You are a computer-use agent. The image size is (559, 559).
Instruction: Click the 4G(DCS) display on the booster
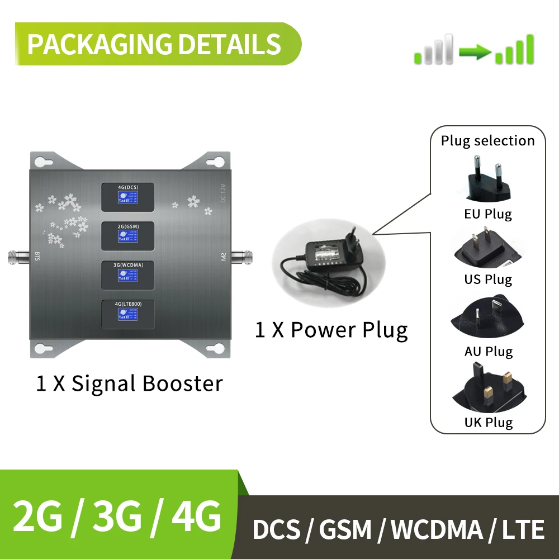click(127, 197)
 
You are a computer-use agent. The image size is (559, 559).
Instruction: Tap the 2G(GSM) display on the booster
click(127, 235)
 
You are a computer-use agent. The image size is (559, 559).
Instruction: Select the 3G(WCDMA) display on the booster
click(127, 274)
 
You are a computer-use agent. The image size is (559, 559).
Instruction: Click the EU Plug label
click(487, 214)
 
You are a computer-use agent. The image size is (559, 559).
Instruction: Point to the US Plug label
click(487, 279)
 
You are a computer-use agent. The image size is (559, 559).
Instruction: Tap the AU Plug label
click(487, 352)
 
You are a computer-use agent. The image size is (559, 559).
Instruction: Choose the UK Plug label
click(487, 422)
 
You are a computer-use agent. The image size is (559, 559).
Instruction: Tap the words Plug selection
click(487, 141)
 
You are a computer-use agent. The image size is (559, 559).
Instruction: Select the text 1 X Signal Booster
click(129, 383)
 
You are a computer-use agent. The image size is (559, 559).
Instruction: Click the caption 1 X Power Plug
click(331, 330)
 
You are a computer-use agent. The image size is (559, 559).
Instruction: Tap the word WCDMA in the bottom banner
click(430, 529)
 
